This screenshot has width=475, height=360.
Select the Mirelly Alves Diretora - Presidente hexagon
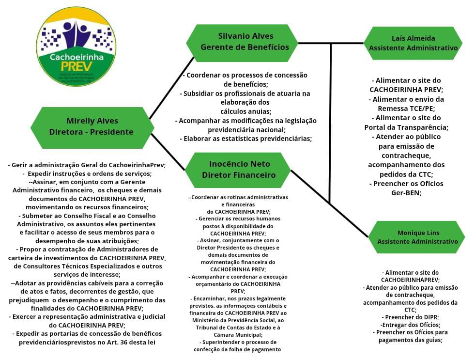[x=92, y=126]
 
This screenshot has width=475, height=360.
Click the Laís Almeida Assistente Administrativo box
[x=413, y=43]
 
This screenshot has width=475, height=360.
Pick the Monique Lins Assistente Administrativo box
[x=417, y=237]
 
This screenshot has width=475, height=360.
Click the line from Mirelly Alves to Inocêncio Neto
[x=168, y=152]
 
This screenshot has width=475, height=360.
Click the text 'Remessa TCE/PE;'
[x=406, y=108]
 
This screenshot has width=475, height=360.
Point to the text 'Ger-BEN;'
[x=406, y=192]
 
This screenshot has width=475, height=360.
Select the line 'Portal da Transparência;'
[x=406, y=127]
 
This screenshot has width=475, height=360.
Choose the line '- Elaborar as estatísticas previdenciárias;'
[x=246, y=139]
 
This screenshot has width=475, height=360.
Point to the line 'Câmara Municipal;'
[x=237, y=335]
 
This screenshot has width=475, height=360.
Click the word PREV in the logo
[x=76, y=68]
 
